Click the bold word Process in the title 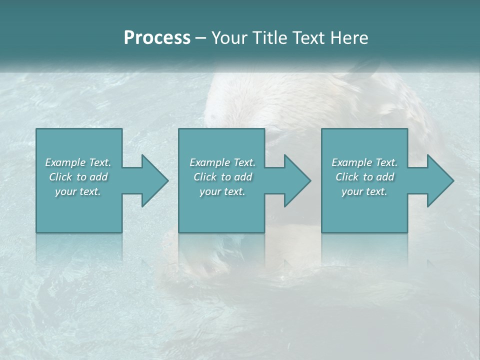[x=157, y=38]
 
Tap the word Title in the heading [x=268, y=38]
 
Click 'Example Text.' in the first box [x=78, y=162]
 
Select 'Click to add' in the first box [x=78, y=177]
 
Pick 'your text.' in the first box [x=78, y=191]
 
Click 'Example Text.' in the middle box [x=222, y=162]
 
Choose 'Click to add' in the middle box [x=222, y=177]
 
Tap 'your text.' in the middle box [x=222, y=191]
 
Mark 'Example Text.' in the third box [x=364, y=162]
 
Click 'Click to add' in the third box [x=364, y=177]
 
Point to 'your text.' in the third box [x=364, y=191]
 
